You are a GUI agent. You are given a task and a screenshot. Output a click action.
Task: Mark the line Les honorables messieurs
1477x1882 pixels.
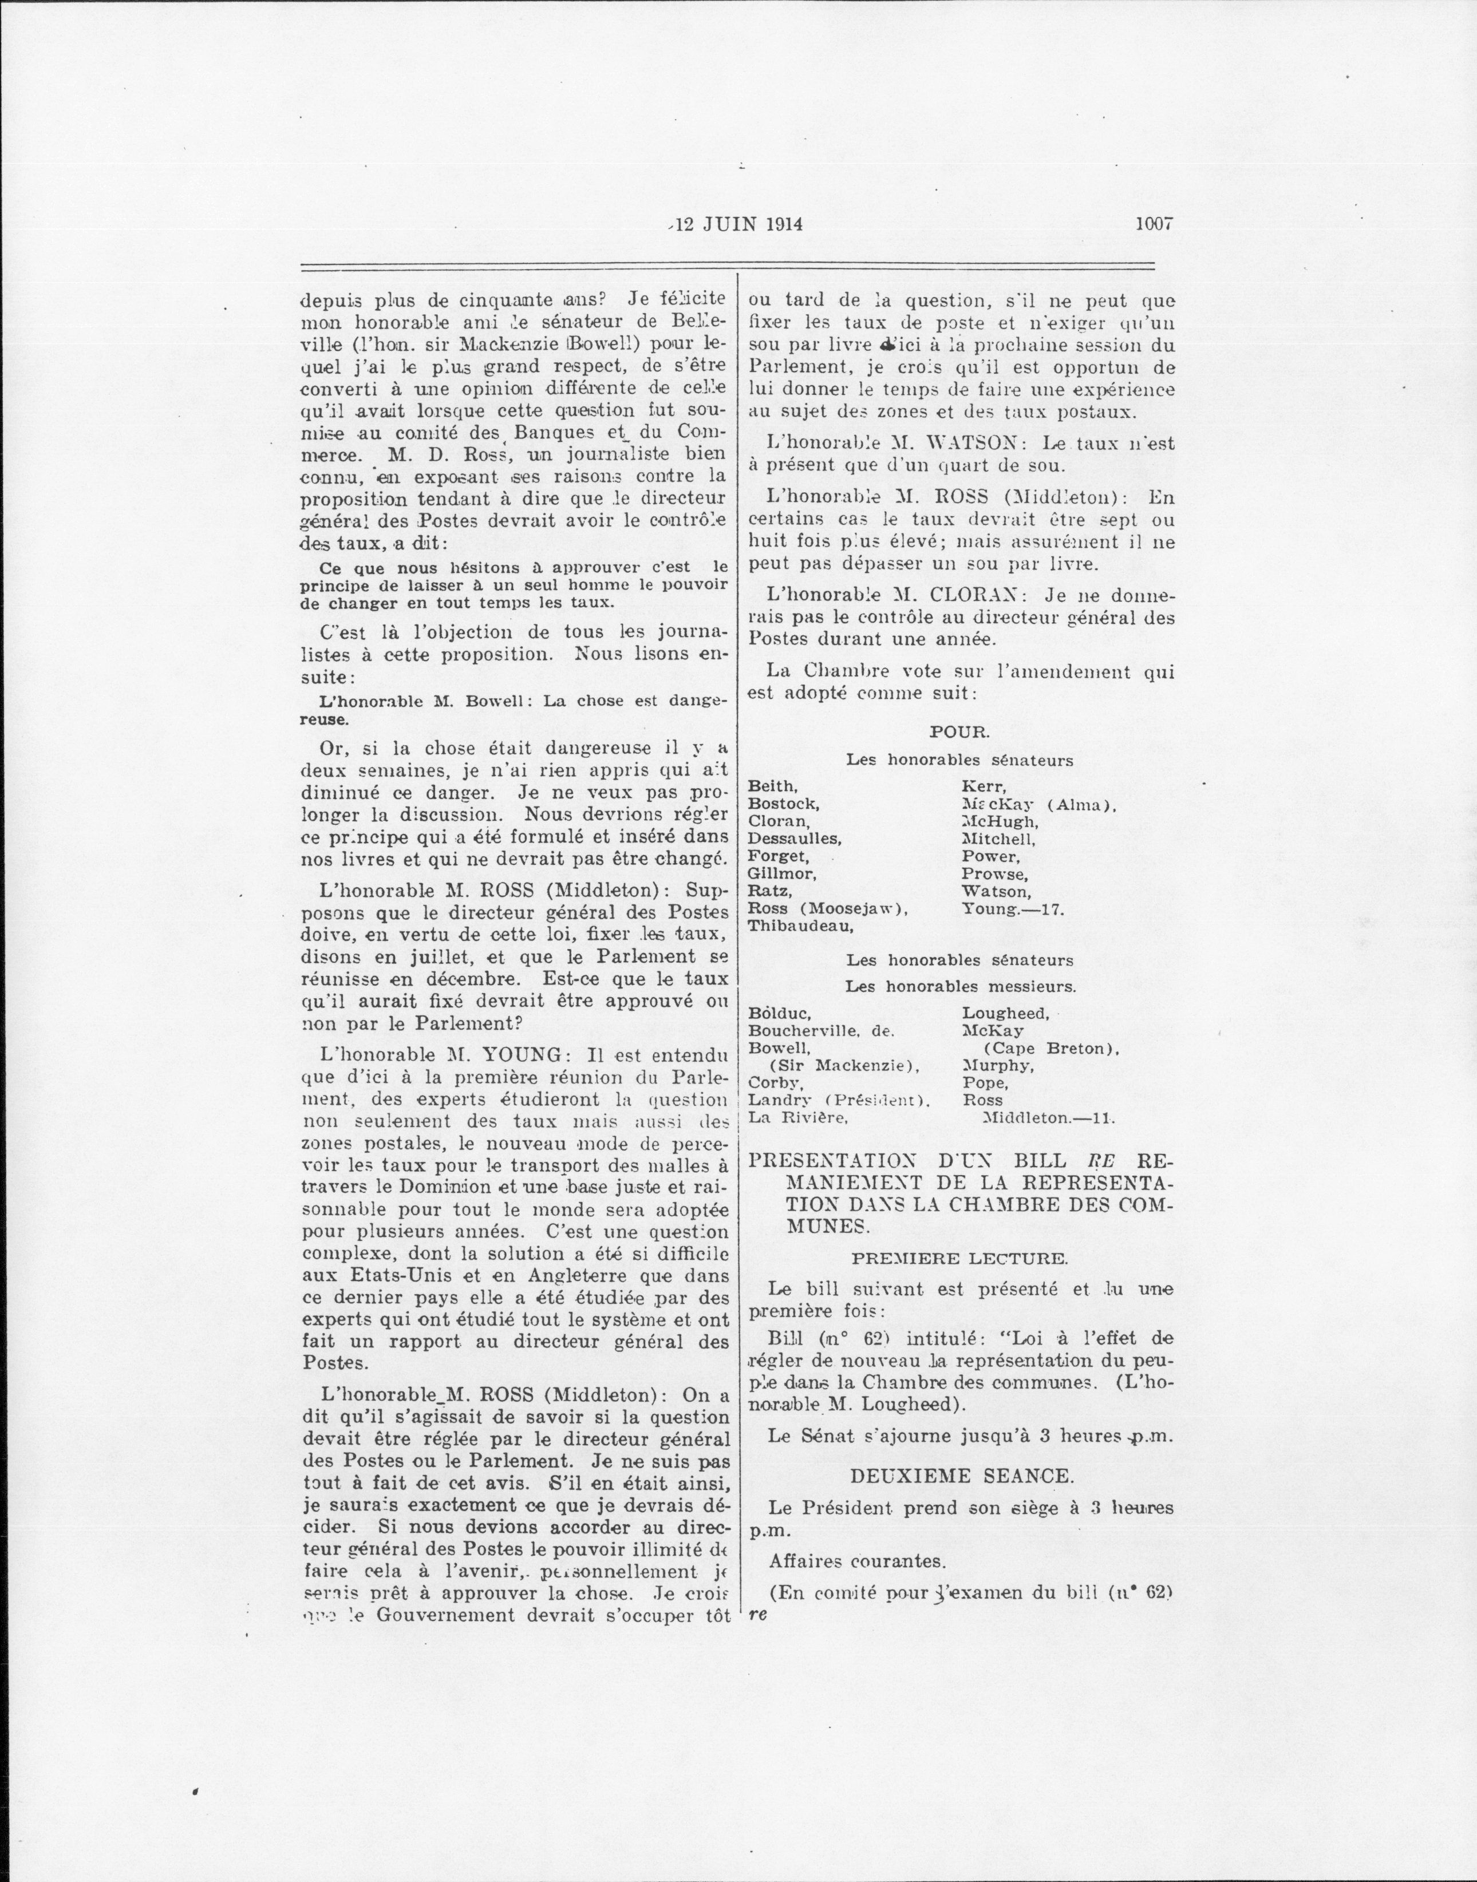pos(960,986)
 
